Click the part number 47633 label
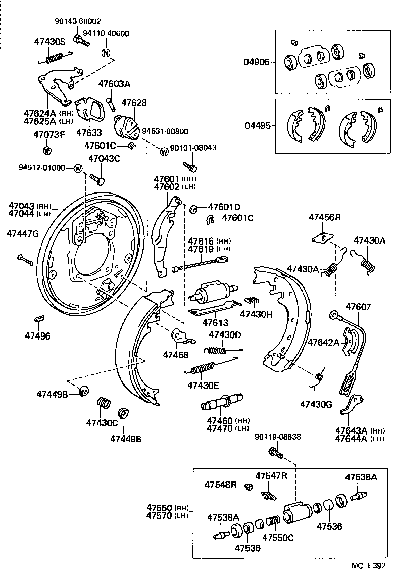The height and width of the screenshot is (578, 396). click(x=89, y=132)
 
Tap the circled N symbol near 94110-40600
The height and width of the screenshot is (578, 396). click(x=106, y=53)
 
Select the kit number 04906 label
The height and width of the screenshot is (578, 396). click(x=257, y=62)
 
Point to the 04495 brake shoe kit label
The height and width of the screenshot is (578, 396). click(x=258, y=126)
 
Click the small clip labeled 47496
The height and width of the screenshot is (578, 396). click(x=39, y=318)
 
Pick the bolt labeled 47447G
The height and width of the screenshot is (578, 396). click(x=25, y=260)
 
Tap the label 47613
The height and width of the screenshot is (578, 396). click(x=215, y=322)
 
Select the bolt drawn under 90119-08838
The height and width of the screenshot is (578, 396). click(x=276, y=452)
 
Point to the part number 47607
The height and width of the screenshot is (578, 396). click(x=358, y=306)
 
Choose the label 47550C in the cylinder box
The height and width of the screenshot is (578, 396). click(x=278, y=538)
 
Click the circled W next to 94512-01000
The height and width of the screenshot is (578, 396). click(x=78, y=168)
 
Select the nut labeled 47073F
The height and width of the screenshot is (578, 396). click(x=47, y=150)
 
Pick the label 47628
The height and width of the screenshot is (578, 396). click(x=134, y=103)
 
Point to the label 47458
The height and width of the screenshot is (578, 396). click(x=175, y=355)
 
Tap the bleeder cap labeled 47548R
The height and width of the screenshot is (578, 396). click(x=249, y=487)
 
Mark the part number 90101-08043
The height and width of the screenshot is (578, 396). click(x=193, y=148)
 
